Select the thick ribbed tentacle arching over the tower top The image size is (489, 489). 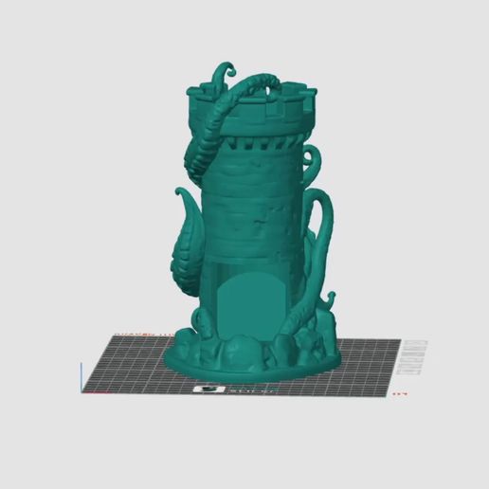[x=227, y=114]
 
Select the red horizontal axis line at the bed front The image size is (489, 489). [x=142, y=390]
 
